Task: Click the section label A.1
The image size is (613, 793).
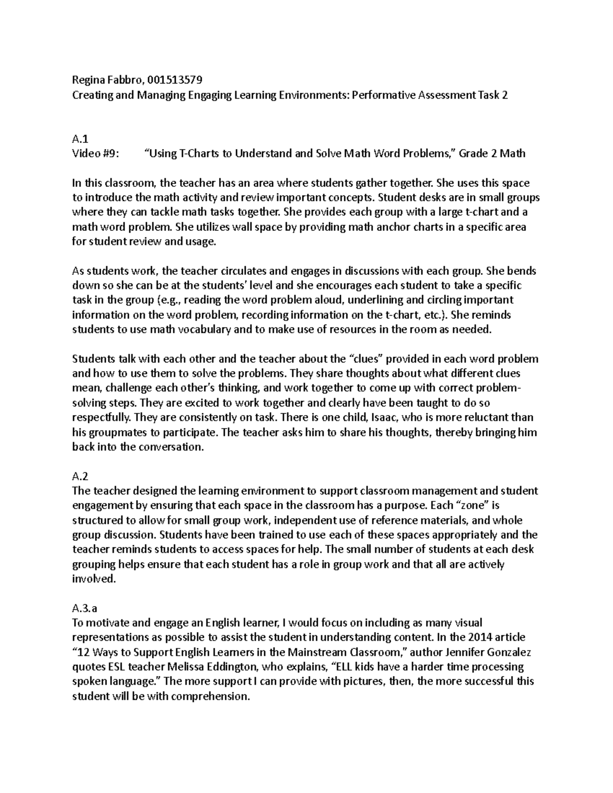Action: pyautogui.click(x=80, y=138)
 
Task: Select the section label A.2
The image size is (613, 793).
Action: pyautogui.click(x=80, y=476)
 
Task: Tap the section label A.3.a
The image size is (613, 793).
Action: pyautogui.click(x=85, y=608)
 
